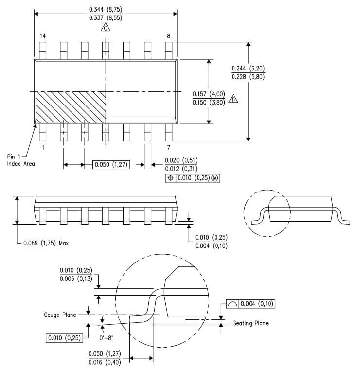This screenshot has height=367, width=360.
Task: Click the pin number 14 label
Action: (x=42, y=36)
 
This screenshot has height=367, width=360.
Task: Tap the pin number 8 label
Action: (x=169, y=36)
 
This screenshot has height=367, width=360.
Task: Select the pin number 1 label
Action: (x=43, y=147)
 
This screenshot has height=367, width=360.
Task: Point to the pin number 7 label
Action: (x=168, y=147)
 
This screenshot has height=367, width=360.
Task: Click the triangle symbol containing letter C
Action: (x=106, y=28)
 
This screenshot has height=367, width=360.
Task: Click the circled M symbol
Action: (x=215, y=178)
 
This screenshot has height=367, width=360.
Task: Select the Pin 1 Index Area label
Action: (x=21, y=160)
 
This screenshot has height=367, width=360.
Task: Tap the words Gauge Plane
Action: (x=60, y=315)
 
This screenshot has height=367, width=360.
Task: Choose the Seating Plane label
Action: (x=251, y=323)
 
